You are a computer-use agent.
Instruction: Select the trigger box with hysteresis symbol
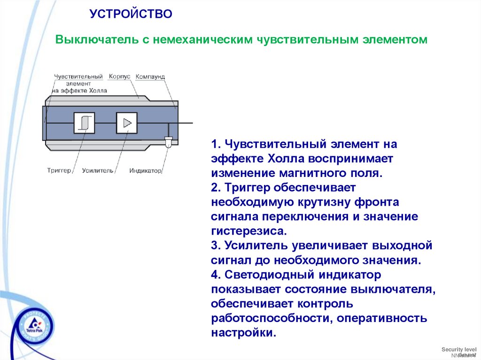coord(84,123)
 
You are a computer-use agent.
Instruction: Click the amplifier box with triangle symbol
coord(127,123)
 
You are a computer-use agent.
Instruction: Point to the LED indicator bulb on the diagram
coord(168,139)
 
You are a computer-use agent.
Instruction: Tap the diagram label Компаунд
coord(150,77)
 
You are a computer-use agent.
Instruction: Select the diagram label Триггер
coord(59,170)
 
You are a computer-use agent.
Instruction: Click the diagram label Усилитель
coord(98,170)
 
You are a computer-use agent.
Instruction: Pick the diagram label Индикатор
coord(146,170)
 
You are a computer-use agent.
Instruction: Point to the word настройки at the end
coord(241,333)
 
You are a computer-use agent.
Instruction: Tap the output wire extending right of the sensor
coord(186,123)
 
